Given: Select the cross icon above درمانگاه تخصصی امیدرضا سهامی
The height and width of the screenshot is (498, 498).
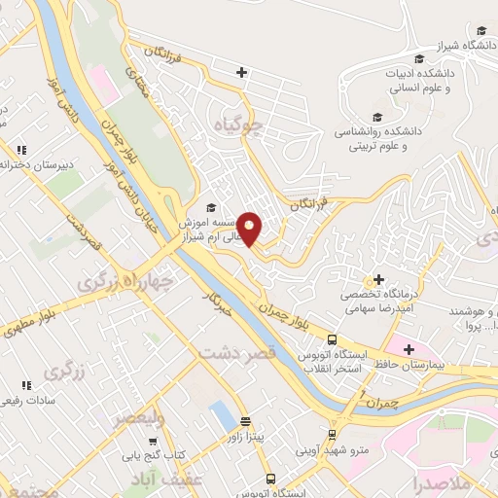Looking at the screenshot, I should tap(377, 280).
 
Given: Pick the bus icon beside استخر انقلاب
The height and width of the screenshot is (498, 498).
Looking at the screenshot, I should tap(333, 340).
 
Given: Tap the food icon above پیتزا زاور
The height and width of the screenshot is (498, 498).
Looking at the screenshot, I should tap(245, 422).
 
